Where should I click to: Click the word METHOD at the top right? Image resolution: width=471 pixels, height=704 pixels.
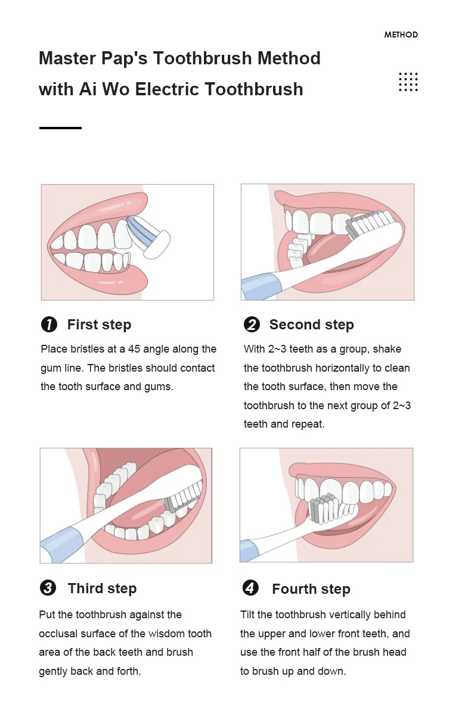tap(401, 35)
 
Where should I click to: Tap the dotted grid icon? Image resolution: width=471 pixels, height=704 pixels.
tap(408, 82)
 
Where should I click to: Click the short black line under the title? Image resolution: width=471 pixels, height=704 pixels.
tap(60, 128)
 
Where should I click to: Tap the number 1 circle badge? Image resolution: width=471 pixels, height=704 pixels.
tap(49, 324)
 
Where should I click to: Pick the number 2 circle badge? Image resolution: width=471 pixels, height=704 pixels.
tap(252, 324)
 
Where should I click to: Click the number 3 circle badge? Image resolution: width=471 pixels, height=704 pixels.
tap(48, 588)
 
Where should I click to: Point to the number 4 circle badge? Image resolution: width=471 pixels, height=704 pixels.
tap(250, 588)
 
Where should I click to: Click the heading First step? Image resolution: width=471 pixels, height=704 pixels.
tap(100, 325)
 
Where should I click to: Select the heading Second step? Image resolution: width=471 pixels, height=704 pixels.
tap(311, 325)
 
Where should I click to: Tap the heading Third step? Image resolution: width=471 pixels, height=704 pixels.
tap(102, 588)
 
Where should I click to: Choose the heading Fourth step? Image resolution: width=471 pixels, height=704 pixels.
tap(311, 589)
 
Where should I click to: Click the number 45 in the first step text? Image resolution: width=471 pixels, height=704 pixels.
tap(134, 349)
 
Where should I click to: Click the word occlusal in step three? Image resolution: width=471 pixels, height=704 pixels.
tap(57, 634)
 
